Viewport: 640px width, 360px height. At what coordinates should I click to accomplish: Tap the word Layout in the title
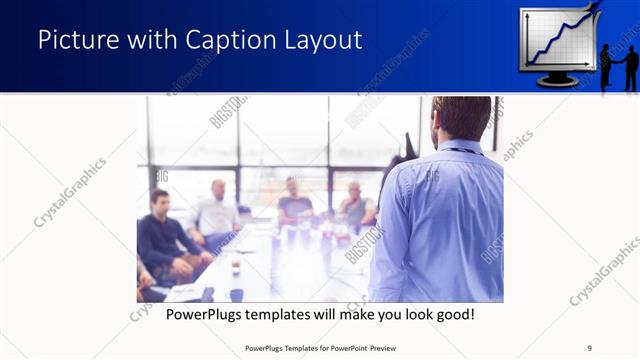[324, 41]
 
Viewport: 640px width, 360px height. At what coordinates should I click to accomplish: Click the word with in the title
[152, 41]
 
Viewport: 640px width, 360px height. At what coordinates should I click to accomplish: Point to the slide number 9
[589, 347]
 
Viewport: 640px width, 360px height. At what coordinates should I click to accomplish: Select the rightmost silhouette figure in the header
[631, 65]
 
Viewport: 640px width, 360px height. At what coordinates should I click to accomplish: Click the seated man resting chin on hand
[355, 205]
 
